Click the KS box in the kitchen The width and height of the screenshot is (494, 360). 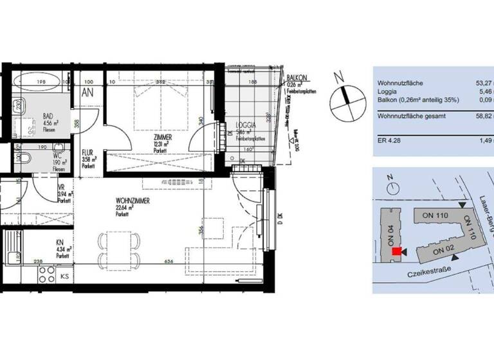[64, 276]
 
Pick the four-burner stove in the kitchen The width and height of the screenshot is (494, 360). [47, 276]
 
